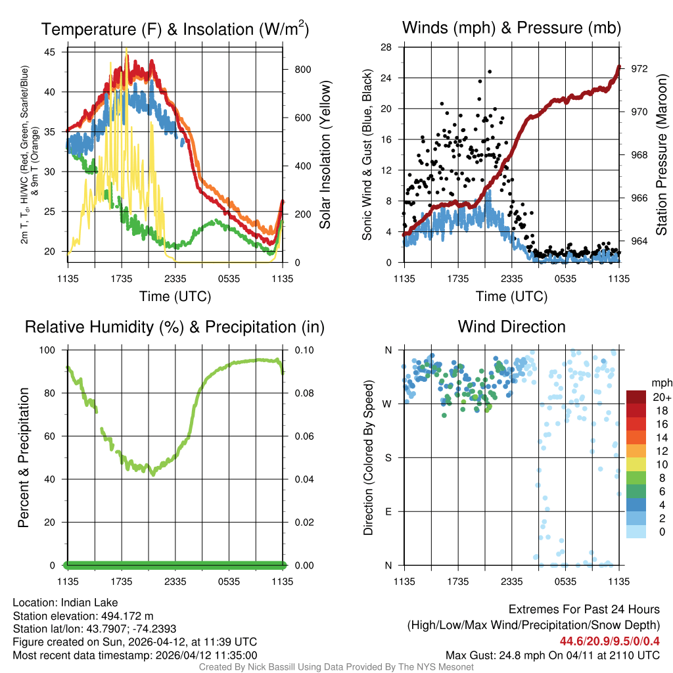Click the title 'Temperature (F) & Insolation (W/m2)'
point(175,29)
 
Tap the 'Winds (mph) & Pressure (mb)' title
point(511,28)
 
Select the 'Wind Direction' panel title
point(511,327)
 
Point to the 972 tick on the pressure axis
point(639,69)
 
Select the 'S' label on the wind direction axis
point(388,457)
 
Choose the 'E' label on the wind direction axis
point(388,511)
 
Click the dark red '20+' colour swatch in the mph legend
point(636,396)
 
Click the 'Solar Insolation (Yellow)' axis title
point(325,154)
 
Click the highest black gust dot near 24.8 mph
point(490,72)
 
